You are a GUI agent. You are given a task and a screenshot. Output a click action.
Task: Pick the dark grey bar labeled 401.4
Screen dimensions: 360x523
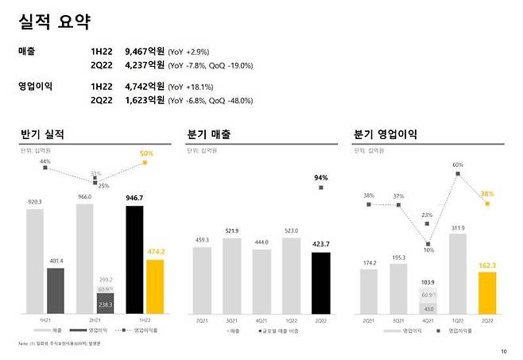point(55,290)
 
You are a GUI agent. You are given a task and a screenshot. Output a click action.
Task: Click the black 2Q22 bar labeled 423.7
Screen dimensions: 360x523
point(321,282)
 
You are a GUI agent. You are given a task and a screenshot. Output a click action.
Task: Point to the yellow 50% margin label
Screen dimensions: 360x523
point(146,153)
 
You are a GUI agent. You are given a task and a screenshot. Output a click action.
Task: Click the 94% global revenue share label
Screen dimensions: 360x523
point(321,177)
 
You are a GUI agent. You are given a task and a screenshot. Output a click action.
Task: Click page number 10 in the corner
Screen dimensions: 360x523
point(503,351)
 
